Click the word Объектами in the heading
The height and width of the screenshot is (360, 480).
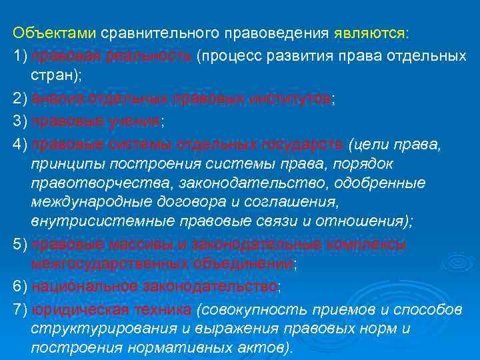(x=55, y=33)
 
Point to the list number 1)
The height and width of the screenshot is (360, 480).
(x=20, y=55)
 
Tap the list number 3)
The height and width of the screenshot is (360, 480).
(x=20, y=121)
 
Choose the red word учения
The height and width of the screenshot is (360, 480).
(x=133, y=121)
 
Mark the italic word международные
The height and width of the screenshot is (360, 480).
(x=81, y=201)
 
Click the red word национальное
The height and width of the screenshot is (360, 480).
(x=82, y=286)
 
